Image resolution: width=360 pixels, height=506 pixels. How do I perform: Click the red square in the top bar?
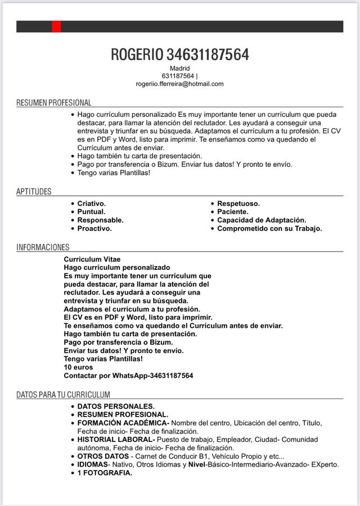coord(56,26)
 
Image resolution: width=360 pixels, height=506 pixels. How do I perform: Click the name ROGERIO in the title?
coord(137,55)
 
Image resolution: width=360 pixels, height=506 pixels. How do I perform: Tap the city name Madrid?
coord(179,68)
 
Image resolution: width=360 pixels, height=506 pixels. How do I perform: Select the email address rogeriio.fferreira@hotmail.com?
coord(179,84)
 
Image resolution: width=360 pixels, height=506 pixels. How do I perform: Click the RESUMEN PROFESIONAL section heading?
coord(53,103)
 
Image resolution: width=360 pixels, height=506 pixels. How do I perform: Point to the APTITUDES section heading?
coord(34,192)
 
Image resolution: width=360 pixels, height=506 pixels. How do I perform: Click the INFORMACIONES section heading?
coord(43,247)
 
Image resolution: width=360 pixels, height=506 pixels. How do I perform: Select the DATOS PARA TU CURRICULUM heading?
coord(63,395)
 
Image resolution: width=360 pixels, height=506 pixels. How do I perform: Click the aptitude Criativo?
coord(91,204)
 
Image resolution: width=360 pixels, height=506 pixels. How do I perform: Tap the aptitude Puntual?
coord(91,212)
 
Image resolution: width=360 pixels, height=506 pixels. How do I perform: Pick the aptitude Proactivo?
coord(94,229)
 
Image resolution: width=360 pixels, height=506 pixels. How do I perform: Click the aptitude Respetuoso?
coord(238,204)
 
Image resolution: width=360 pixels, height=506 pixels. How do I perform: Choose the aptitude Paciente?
coord(233,212)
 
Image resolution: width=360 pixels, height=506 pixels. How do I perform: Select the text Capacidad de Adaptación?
coord(262,220)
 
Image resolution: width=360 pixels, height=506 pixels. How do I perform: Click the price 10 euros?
coord(78,367)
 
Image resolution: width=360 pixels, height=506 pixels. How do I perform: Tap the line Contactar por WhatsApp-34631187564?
coord(128,375)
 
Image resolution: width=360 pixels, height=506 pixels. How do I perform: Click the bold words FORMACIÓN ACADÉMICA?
coord(123,422)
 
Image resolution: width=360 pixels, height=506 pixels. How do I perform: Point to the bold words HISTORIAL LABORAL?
coord(115,439)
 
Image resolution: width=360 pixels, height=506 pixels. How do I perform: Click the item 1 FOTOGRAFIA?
coord(105,473)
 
